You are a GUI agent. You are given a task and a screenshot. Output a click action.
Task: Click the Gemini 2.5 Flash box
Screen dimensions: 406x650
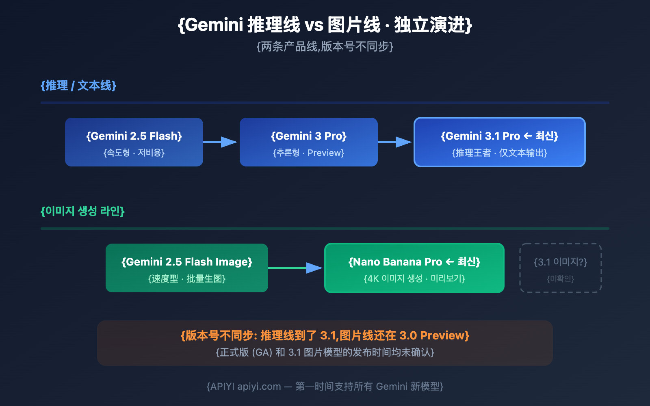(134, 142)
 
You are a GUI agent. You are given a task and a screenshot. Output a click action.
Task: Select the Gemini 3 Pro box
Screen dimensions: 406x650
(309, 142)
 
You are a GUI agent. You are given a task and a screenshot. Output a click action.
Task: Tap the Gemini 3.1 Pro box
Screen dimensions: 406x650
(500, 142)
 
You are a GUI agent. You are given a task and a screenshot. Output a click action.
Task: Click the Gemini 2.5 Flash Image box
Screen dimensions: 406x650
(187, 268)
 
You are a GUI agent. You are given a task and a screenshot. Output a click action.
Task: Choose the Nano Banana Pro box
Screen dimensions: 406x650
(414, 268)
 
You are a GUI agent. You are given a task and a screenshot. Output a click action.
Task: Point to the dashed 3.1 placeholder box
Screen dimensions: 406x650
(561, 268)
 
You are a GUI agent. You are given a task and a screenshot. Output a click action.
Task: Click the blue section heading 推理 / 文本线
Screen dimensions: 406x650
(78, 86)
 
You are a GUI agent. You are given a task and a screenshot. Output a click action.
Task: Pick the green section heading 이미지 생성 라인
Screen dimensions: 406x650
(82, 211)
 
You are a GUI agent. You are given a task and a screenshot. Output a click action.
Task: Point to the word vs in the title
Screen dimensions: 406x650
(314, 25)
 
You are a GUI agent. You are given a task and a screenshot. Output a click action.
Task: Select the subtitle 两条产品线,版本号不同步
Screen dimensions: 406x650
(325, 47)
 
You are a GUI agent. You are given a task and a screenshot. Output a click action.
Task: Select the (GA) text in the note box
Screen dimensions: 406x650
(262, 352)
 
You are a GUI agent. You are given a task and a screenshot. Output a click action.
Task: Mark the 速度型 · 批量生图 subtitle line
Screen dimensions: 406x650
(187, 279)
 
